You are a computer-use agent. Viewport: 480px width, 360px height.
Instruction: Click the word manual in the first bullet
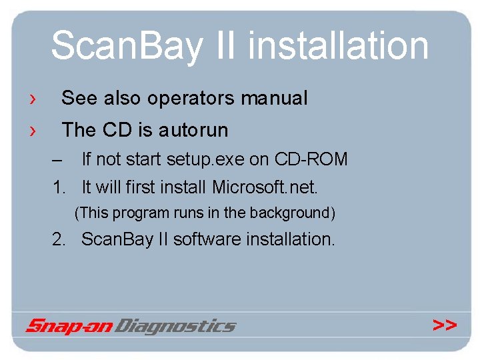(x=274, y=99)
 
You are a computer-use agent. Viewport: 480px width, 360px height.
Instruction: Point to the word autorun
(x=193, y=130)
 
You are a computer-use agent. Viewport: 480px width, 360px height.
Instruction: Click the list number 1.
(x=59, y=187)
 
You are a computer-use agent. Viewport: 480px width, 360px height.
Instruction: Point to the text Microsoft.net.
(x=265, y=187)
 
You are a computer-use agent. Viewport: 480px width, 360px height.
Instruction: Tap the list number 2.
(x=59, y=239)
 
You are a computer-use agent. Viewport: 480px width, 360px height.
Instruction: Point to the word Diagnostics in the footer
(x=176, y=326)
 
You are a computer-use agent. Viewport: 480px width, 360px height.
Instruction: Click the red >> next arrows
(x=445, y=325)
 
